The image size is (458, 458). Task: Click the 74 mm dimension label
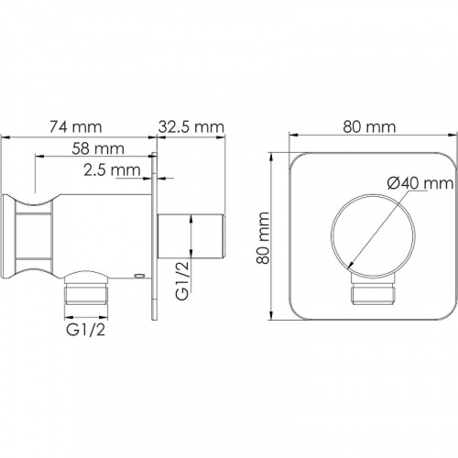point(75,127)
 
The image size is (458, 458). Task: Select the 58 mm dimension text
point(98,148)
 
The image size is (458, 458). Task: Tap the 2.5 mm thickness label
point(112,170)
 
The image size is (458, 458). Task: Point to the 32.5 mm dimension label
point(191,127)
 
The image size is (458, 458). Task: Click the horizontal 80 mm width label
point(369,127)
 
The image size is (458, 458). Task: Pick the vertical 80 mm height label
point(263,238)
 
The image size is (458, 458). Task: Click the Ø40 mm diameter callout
point(420,183)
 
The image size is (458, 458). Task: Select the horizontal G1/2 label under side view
point(86,330)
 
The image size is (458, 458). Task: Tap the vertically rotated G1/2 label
point(182,280)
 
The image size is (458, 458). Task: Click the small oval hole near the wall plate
point(139,276)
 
